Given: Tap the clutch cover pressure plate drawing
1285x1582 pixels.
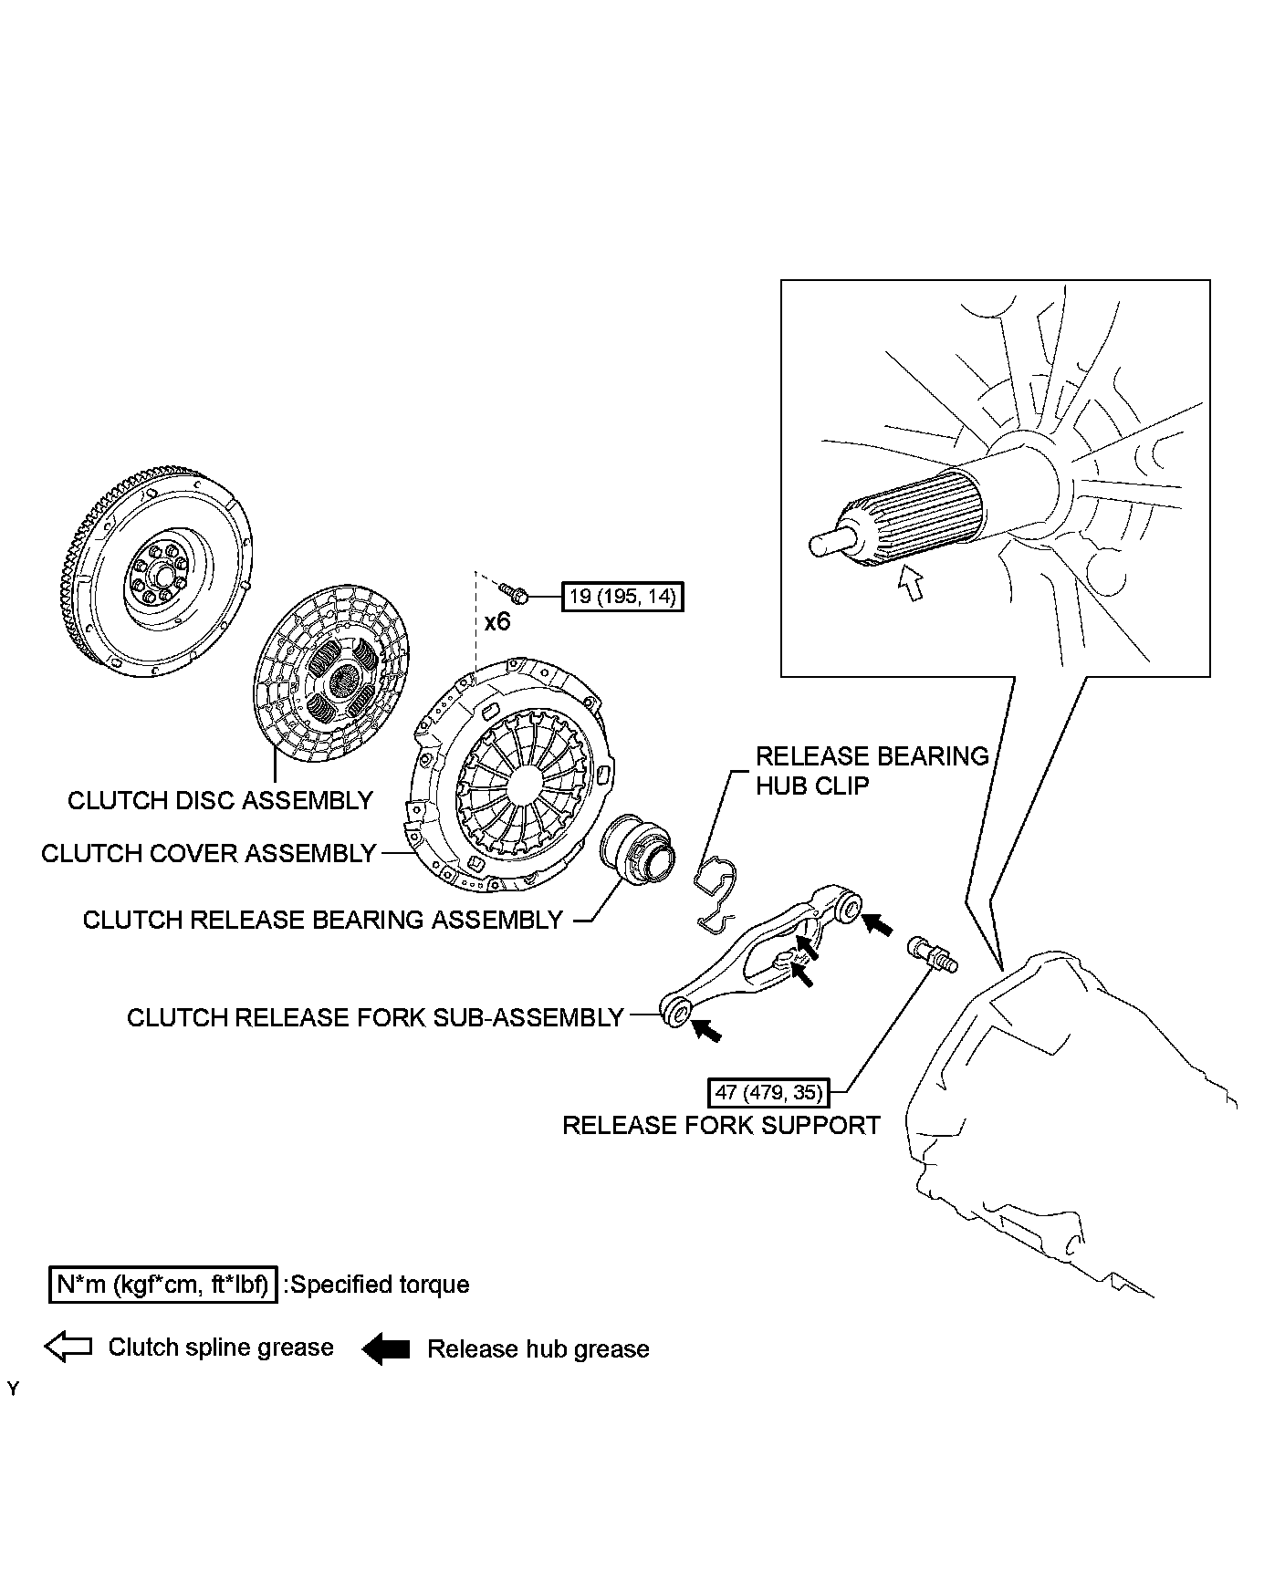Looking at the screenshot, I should click(511, 775).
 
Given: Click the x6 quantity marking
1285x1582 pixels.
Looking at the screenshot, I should click(497, 622).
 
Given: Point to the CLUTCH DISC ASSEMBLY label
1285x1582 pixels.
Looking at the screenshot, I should click(220, 800).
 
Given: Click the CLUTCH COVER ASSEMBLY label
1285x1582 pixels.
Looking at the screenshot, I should click(209, 853).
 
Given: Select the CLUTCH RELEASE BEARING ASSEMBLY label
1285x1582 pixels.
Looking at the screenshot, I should click(323, 920).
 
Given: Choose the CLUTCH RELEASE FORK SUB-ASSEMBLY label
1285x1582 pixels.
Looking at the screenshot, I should click(375, 1017).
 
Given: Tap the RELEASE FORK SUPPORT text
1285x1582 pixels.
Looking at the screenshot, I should click(721, 1125).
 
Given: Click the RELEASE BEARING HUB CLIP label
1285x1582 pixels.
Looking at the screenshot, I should click(872, 770).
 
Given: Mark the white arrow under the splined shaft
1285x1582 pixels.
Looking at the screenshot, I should click(910, 582).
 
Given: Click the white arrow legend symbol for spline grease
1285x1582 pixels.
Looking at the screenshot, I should click(68, 1347).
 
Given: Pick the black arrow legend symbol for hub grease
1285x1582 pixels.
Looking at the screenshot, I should click(386, 1348).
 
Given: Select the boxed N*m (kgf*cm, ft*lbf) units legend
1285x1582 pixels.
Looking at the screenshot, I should click(162, 1285).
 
